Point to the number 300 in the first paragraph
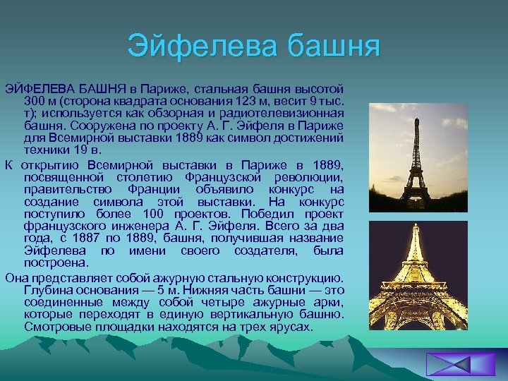tap(34, 101)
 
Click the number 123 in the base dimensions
tap(240, 101)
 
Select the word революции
tap(311, 177)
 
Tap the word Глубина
tap(48, 290)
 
